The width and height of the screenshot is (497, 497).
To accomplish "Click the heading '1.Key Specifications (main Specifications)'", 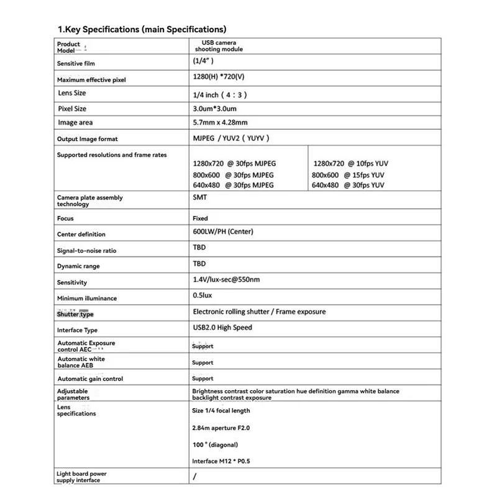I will tap(142, 29).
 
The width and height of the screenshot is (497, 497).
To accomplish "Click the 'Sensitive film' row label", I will tap(76, 63).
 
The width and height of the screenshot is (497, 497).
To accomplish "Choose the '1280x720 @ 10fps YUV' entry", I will tap(351, 163).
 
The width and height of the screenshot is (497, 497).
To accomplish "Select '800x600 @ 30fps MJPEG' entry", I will tap(233, 175).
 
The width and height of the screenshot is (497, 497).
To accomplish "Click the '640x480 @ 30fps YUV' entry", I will tap(348, 185).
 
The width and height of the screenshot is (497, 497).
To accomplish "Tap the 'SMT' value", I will tap(199, 196).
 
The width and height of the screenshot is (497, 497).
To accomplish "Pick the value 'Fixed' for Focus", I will tap(200, 219).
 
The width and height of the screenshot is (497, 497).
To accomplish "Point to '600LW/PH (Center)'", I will tap(223, 232).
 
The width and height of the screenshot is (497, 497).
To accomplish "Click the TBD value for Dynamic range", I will tap(199, 263).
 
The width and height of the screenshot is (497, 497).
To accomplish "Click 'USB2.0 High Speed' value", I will tap(222, 327).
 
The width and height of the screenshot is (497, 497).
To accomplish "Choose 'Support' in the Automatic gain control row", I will tap(203, 378).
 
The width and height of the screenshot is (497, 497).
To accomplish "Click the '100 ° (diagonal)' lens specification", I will tap(215, 445).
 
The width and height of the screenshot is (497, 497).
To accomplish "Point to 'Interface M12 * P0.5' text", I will tap(222, 461).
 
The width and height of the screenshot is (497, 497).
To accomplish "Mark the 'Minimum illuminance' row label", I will tap(87, 298).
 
